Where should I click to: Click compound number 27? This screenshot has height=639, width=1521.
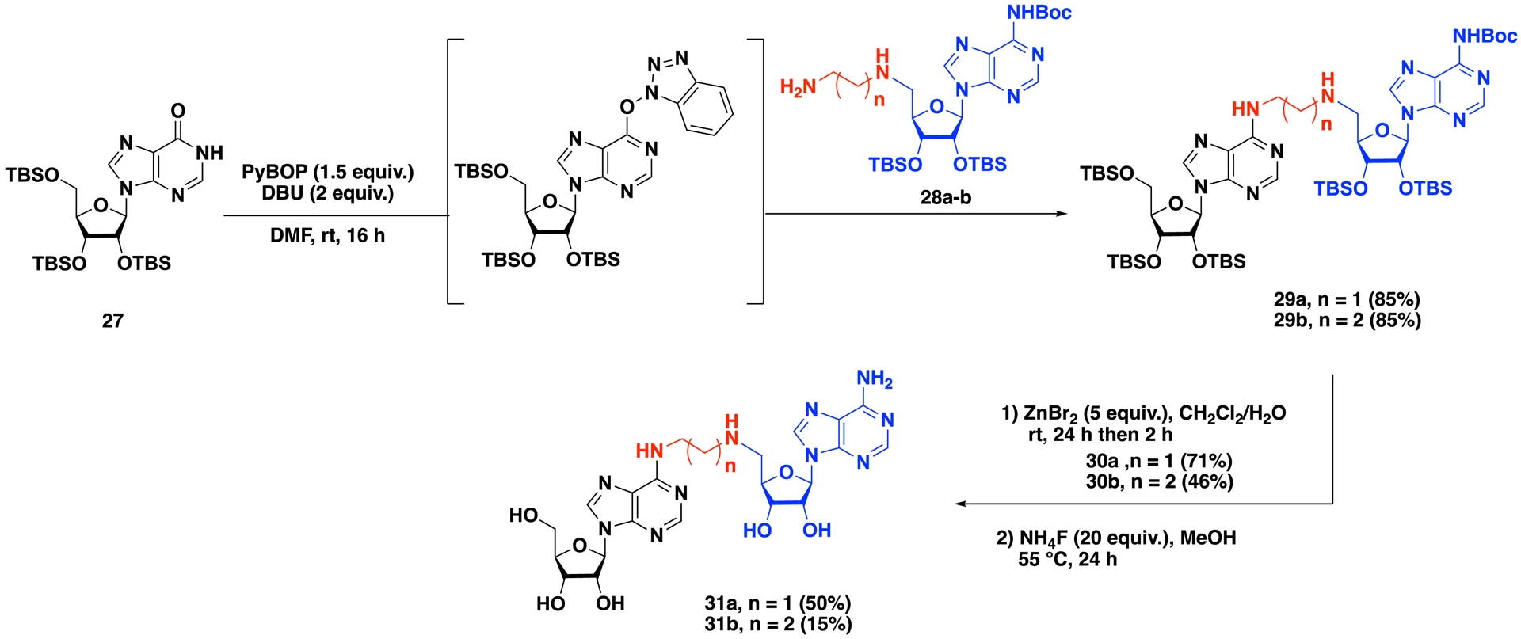pos(112,321)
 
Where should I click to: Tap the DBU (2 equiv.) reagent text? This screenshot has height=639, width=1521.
pos(327,193)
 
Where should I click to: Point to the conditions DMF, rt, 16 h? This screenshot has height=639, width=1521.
pos(327,235)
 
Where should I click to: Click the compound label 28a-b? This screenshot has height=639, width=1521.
pos(945,197)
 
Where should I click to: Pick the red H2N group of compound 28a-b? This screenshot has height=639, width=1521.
pos(798,87)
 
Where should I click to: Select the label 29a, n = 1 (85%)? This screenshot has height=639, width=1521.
pos(1347,300)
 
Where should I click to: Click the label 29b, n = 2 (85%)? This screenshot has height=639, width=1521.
pos(1347,321)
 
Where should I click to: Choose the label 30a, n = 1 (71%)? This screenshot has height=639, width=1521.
pos(1159,461)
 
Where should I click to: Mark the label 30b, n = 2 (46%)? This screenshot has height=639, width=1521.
pos(1159,481)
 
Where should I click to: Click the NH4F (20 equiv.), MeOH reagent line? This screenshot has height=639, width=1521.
pos(1115,538)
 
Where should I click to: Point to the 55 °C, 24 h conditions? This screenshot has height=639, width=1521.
pos(1067,559)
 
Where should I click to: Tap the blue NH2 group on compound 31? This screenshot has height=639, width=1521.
pos(875,379)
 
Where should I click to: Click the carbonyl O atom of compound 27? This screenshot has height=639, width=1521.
pos(177,109)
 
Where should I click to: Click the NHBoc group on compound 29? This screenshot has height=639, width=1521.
pos(1485,36)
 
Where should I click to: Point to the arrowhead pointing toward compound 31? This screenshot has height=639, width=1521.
pos(960,504)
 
